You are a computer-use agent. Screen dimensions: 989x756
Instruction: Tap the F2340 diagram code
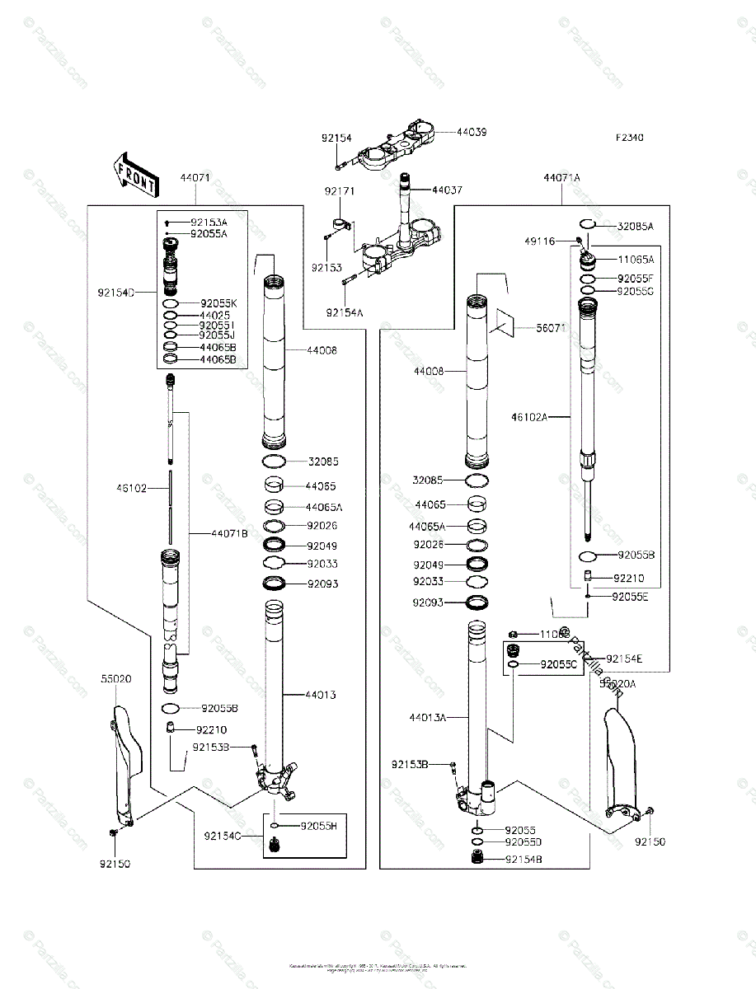(x=628, y=138)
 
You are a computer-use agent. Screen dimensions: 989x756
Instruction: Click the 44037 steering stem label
(x=447, y=190)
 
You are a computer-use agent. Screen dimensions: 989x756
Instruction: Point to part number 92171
(x=339, y=191)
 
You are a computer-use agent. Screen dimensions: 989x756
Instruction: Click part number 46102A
(x=528, y=417)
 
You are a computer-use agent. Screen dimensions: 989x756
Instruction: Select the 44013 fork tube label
(x=320, y=695)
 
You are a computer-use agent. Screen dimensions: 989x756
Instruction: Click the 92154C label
(x=223, y=836)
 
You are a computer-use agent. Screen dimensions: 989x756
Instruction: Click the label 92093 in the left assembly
(x=322, y=584)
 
